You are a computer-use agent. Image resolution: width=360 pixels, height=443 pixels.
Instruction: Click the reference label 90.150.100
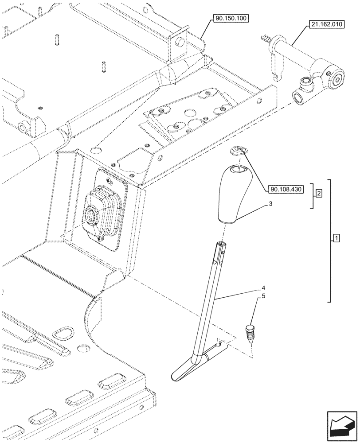coord(231,19)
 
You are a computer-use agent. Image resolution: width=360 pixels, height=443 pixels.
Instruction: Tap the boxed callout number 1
coord(336,239)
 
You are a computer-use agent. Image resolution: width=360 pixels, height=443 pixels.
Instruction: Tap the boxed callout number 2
coord(319,193)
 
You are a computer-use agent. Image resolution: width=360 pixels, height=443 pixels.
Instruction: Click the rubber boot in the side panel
coord(102,210)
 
